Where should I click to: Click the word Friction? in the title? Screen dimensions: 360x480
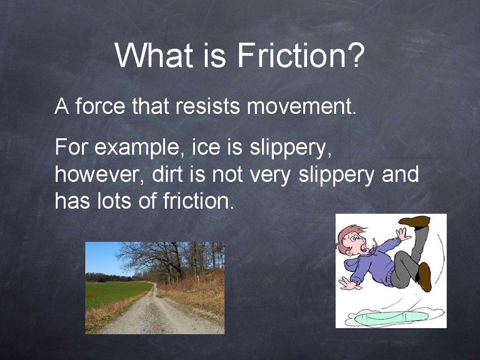(x=300, y=55)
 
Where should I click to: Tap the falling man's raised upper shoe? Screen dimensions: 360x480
(x=415, y=221)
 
